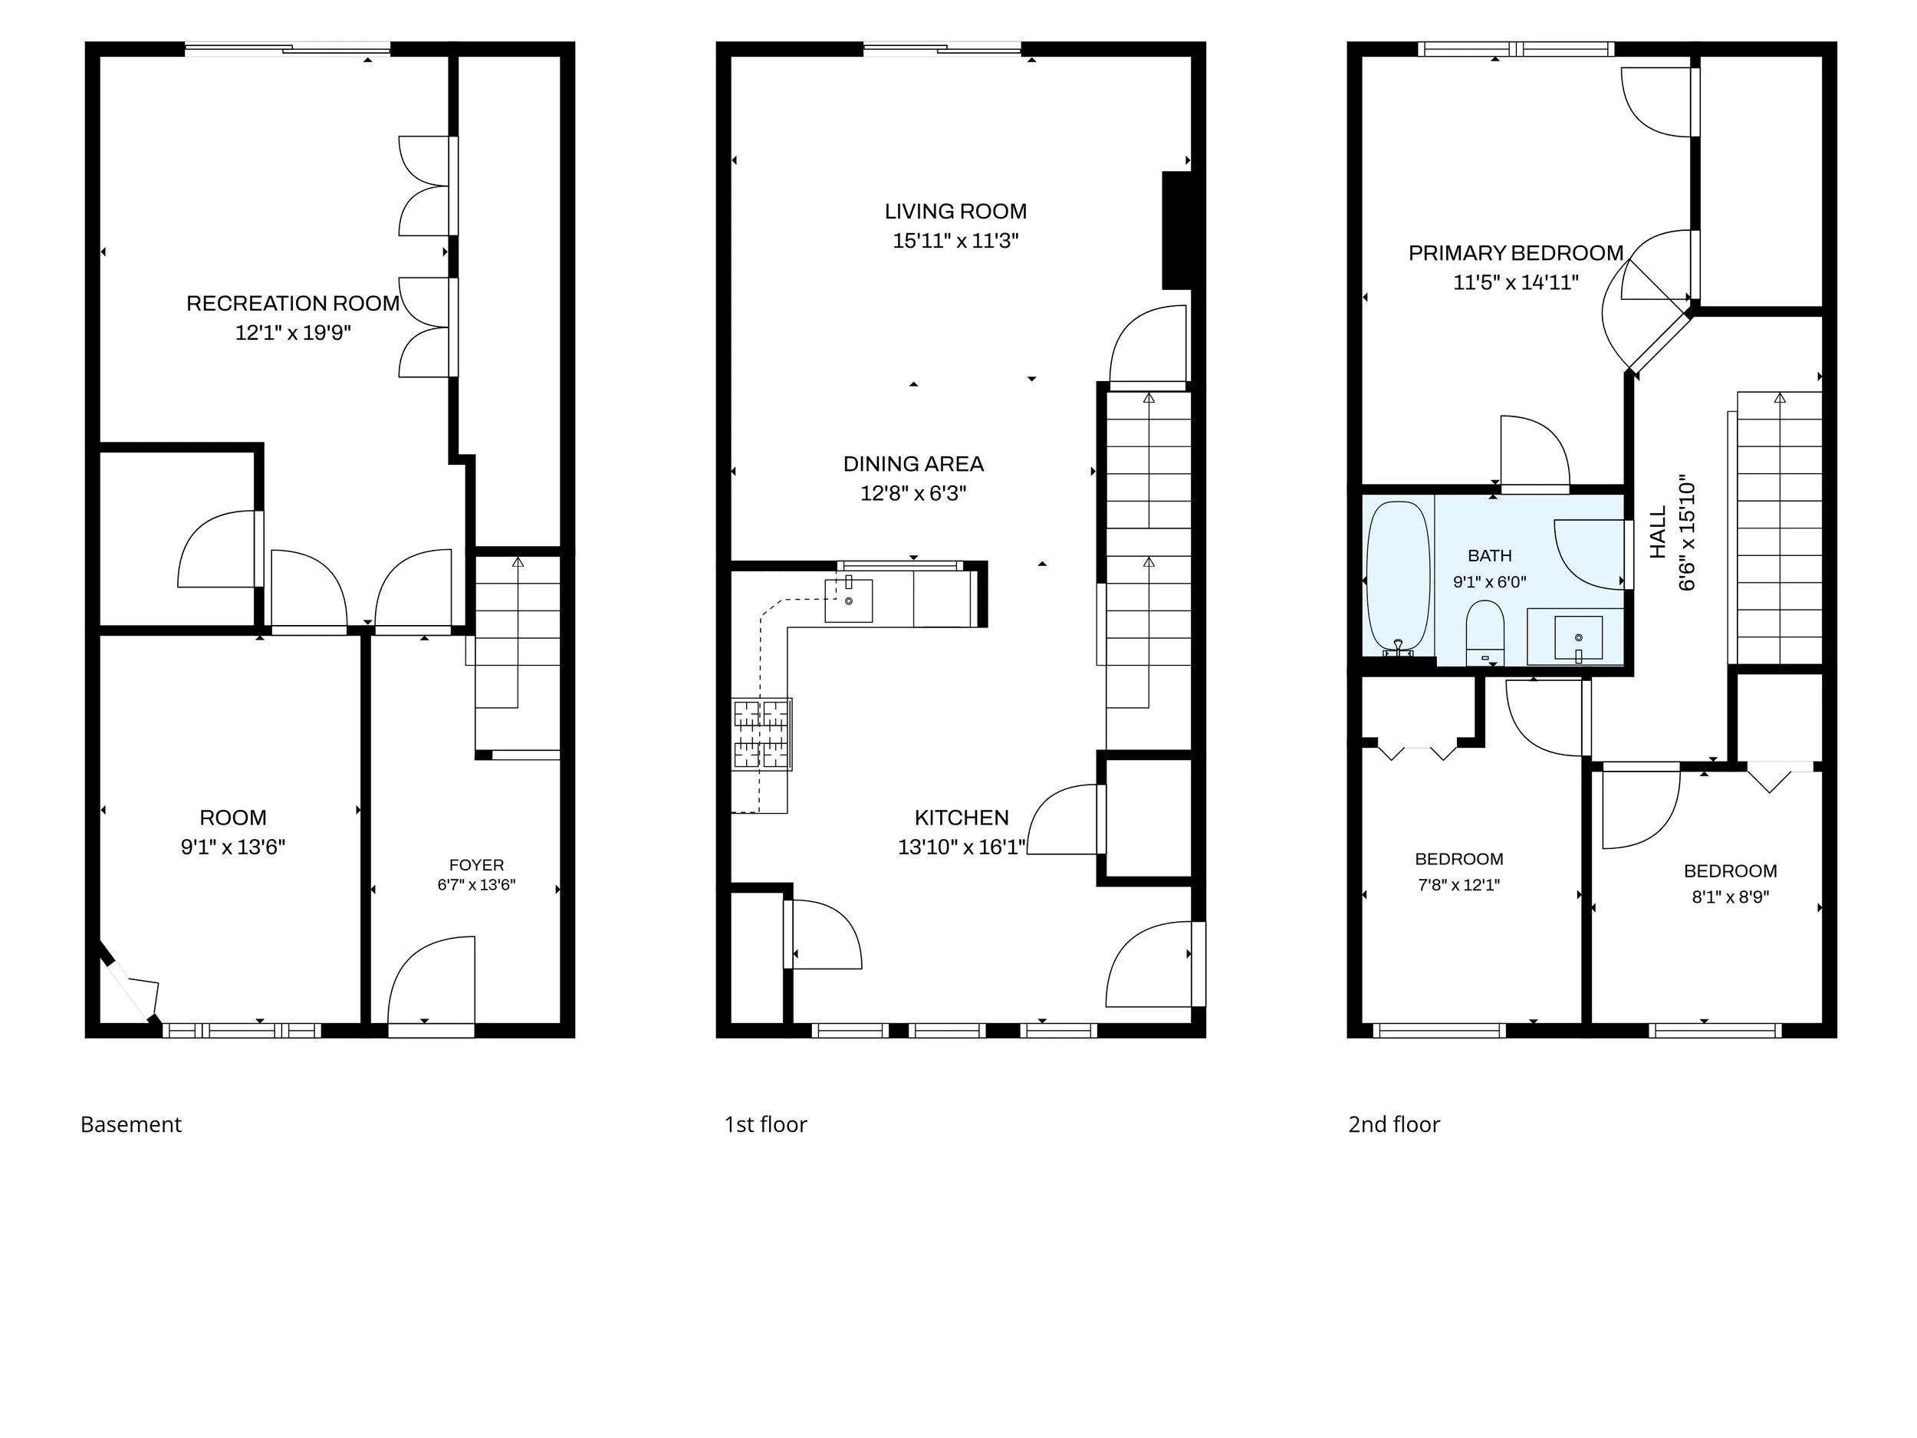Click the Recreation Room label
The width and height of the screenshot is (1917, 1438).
tap(293, 304)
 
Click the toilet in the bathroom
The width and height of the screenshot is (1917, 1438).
tap(1485, 632)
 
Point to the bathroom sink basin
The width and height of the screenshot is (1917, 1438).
tap(1578, 639)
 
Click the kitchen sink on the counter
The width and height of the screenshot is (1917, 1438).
tap(847, 601)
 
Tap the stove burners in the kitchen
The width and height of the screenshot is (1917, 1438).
tap(761, 734)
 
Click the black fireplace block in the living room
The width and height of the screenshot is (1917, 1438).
tap(1177, 231)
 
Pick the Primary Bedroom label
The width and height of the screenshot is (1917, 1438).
tap(1516, 253)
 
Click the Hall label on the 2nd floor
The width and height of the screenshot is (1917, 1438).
tap(1657, 532)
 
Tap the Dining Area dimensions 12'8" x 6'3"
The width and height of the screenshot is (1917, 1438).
tap(912, 493)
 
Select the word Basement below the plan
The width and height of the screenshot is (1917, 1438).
tap(131, 1124)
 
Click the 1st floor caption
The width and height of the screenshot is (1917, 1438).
tap(765, 1124)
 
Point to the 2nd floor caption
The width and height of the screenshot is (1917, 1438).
tap(1393, 1124)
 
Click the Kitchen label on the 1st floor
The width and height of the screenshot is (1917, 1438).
tap(961, 818)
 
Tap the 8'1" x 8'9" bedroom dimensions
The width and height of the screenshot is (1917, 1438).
tap(1730, 897)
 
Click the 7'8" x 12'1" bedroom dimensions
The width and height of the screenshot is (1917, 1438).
tap(1458, 885)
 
